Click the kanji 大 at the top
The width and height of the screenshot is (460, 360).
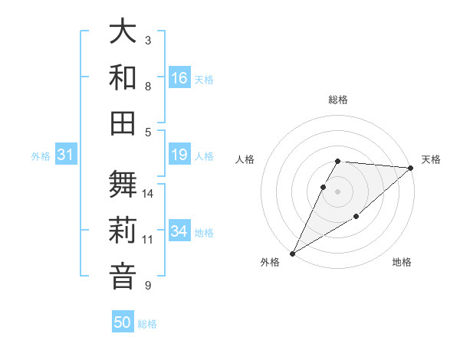(x=123, y=31)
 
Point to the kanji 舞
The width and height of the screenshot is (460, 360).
(x=123, y=185)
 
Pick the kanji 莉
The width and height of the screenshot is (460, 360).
(x=123, y=230)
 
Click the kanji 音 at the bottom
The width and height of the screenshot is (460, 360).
(x=123, y=275)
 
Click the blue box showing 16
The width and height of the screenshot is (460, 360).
(x=179, y=77)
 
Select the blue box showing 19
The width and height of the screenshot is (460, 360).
(x=179, y=155)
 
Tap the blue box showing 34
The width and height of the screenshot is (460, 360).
(x=179, y=231)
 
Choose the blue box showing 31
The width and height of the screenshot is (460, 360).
(x=66, y=155)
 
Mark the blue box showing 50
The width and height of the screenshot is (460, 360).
(x=123, y=322)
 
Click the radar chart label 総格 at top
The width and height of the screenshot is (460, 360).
(x=338, y=100)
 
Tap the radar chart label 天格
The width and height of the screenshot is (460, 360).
(x=431, y=159)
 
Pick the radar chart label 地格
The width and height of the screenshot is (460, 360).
(x=402, y=263)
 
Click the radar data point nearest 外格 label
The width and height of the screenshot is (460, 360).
(x=292, y=254)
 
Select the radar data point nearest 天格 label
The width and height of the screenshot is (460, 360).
(x=411, y=168)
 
